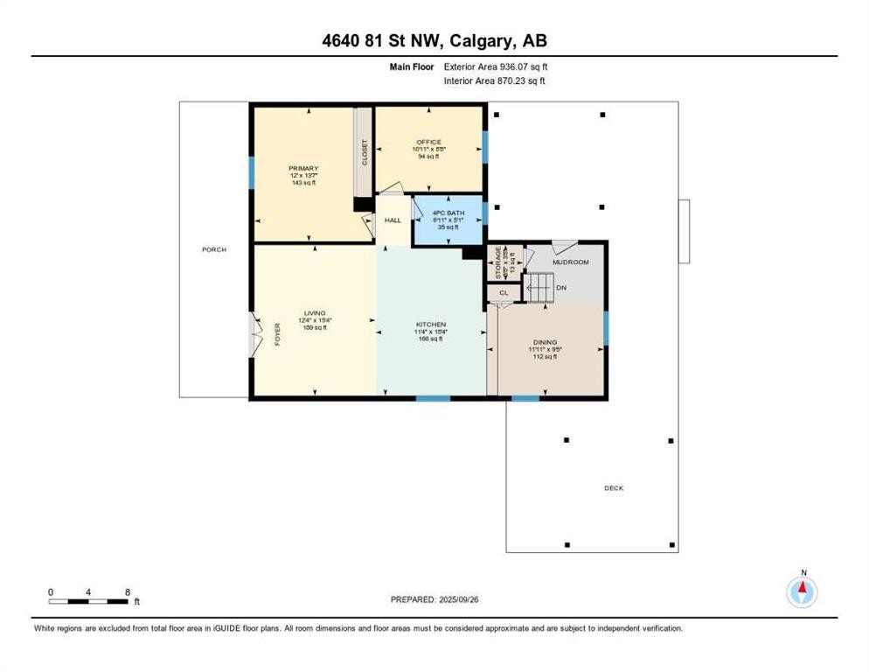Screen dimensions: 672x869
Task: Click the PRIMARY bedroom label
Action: pos(303,168)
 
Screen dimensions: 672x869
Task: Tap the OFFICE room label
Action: pos(428,142)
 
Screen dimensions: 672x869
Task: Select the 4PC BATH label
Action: pos(448,213)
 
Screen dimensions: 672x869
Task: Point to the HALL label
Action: pos(393,220)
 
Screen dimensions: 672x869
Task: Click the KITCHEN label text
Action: pos(430,324)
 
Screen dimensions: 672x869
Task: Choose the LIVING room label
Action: pos(314,313)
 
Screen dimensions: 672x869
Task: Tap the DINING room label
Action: pos(545,342)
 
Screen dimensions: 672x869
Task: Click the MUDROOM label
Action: pos(570,262)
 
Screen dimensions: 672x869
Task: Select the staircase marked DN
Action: pos(539,286)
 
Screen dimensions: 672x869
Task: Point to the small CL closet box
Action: pos(503,293)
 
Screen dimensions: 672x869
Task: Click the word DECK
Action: pos(614,488)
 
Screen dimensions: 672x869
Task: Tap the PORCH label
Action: pos(214,249)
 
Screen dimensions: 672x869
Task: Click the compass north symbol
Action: pos(802,591)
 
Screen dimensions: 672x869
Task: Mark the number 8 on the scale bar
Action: pos(129,592)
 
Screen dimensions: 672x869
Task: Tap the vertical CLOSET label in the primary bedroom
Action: pos(364,153)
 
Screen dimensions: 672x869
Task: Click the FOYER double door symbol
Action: pos(256,333)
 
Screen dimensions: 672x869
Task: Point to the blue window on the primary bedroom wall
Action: pos(251,173)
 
